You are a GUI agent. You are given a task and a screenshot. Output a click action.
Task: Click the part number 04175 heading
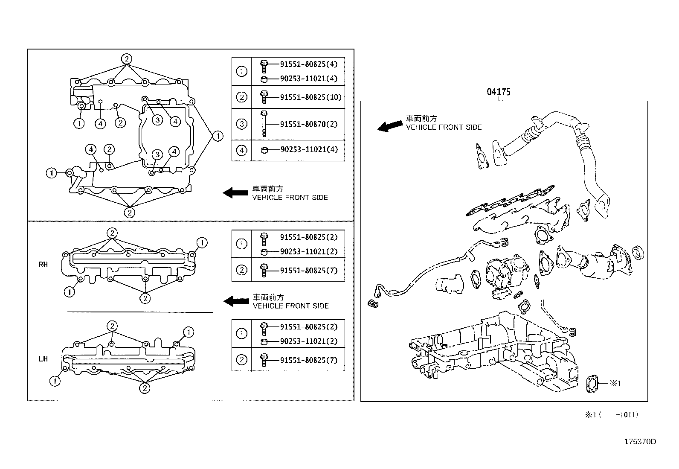(499, 92)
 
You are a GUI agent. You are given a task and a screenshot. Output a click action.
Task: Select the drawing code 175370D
(640, 441)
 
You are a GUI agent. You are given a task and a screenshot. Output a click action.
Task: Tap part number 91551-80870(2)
(309, 124)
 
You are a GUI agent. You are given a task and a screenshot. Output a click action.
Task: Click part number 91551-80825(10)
(311, 97)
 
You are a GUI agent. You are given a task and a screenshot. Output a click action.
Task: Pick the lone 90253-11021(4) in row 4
(309, 150)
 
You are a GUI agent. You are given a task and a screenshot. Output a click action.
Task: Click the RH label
(43, 265)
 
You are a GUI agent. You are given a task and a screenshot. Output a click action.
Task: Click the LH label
(43, 359)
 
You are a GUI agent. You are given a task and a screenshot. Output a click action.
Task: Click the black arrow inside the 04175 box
(390, 125)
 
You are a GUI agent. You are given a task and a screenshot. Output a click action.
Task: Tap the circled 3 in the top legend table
(241, 124)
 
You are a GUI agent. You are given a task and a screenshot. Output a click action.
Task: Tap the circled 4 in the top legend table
(241, 150)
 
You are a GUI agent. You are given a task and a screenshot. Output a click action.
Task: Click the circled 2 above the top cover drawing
(126, 59)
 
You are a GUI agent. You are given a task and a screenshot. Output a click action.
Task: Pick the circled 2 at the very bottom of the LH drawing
(145, 387)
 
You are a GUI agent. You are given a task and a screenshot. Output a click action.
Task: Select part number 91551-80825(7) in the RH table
(309, 270)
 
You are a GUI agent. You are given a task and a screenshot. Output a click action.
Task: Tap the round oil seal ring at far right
(638, 253)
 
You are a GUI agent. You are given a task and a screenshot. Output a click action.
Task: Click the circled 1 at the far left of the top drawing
(51, 173)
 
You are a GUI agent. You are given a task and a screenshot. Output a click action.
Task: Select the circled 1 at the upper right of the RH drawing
(202, 243)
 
